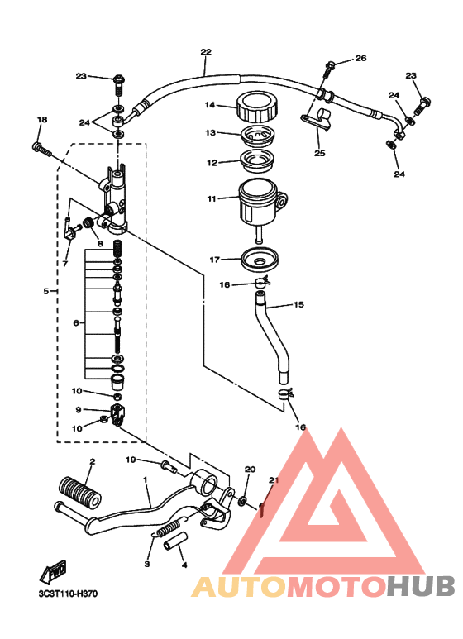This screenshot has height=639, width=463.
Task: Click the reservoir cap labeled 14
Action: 255,107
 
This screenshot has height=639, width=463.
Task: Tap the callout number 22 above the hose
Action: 205,51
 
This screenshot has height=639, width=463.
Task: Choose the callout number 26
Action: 360,58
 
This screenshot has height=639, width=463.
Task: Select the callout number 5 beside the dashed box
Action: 45,291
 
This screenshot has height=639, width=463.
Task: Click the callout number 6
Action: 77,323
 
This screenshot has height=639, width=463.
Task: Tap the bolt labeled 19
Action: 169,467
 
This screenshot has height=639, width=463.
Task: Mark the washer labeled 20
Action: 244,501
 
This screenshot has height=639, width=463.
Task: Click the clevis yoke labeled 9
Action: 119,410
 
